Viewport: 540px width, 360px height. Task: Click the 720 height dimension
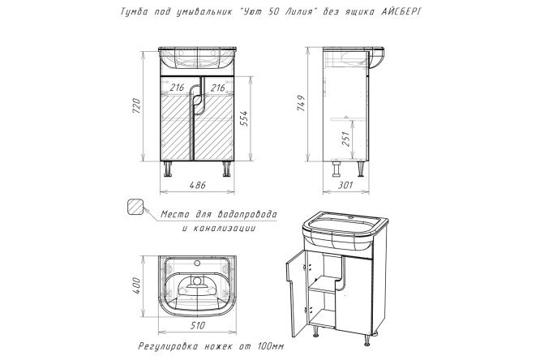137,106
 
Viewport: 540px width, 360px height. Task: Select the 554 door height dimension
243,118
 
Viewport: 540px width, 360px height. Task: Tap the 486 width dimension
198,186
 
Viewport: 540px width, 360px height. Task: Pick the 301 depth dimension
345,186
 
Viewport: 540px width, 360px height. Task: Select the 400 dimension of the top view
137,285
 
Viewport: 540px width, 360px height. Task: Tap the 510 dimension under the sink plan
197,326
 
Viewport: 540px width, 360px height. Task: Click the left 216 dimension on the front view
177,88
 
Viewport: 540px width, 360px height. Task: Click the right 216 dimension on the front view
217,88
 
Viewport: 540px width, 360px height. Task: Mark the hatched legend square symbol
135,207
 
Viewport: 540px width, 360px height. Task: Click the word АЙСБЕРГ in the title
401,11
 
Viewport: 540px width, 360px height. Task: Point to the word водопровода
247,214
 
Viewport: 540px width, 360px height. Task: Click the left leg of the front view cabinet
168,169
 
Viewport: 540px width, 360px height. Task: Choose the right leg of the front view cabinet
226,169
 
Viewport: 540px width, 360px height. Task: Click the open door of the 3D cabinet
296,293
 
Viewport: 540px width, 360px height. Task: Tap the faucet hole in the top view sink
197,264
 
